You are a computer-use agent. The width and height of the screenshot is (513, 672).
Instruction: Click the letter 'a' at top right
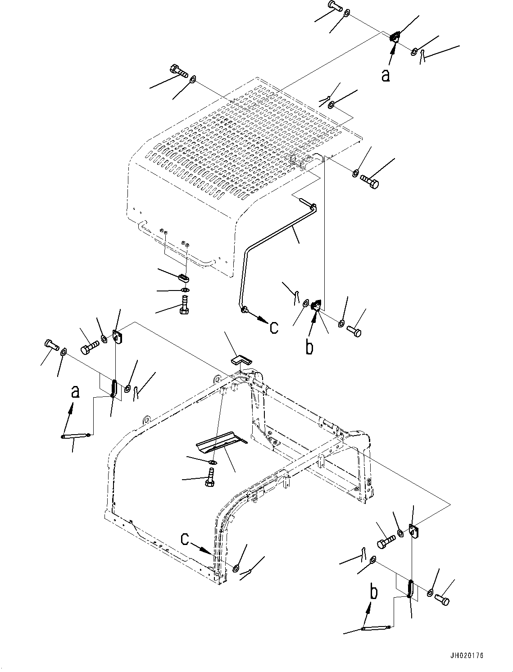(x=386, y=75)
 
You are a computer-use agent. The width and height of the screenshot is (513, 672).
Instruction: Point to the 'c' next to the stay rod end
(x=274, y=327)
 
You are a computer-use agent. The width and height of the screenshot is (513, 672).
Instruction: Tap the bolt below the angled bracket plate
(x=209, y=477)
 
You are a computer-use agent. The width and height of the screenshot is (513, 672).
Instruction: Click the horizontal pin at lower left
(x=75, y=435)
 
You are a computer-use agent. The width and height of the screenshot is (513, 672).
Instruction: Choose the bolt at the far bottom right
(x=442, y=599)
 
